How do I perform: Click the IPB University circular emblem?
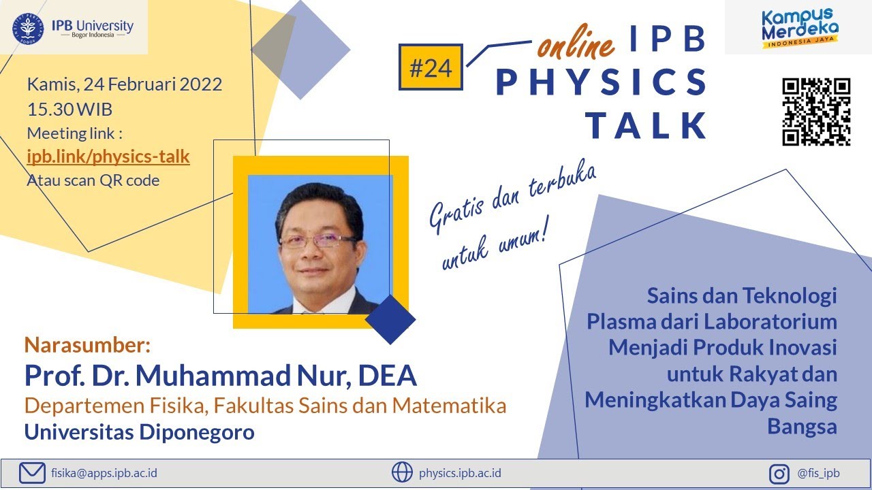[x=28, y=27]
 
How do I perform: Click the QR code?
[x=816, y=112]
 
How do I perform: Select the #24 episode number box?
[x=431, y=67]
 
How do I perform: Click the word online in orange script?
[x=576, y=45]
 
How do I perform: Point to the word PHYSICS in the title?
[x=601, y=82]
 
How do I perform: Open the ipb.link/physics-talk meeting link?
[x=108, y=157]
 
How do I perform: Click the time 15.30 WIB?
[x=69, y=109]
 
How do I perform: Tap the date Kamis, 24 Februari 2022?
[x=125, y=85]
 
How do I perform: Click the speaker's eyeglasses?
[x=318, y=240]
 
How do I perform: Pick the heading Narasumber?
[x=87, y=345]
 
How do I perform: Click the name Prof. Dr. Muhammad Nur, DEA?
[x=220, y=375]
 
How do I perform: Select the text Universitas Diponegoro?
[x=140, y=432]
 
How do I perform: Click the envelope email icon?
[x=32, y=472]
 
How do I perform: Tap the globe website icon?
[x=402, y=472]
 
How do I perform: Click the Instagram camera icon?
[x=779, y=473]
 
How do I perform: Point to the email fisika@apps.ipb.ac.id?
[x=104, y=472]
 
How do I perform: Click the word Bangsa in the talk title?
[x=802, y=427]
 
